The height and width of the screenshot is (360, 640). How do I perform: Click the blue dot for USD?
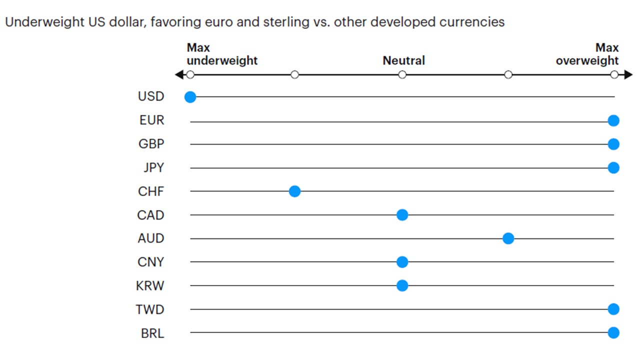pos(190,97)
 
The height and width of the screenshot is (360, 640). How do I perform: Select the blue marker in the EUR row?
pos(613,120)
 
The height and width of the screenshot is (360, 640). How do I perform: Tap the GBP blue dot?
pos(613,144)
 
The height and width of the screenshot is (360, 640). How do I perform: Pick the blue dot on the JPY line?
pos(613,167)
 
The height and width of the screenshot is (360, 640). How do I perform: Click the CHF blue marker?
pos(294,191)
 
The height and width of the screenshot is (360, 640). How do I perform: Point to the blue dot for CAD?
pos(402,215)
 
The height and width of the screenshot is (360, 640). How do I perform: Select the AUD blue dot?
pos(508,238)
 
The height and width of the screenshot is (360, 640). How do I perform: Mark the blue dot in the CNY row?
pos(402,262)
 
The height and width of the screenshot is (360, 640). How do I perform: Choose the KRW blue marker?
pos(402,285)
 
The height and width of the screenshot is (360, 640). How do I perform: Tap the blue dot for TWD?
pos(613,309)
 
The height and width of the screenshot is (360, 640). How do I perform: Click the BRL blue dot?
pos(613,332)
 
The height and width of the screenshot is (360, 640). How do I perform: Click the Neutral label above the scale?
pos(403,61)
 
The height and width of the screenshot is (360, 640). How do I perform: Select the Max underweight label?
pos(222,54)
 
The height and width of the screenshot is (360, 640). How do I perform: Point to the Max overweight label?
pos(587,54)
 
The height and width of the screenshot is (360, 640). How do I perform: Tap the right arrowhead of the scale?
pos(628,75)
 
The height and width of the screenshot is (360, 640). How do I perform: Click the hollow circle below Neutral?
pos(402,75)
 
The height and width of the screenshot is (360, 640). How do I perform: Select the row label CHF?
pos(150,191)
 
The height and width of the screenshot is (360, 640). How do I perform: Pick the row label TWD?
pos(149,309)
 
